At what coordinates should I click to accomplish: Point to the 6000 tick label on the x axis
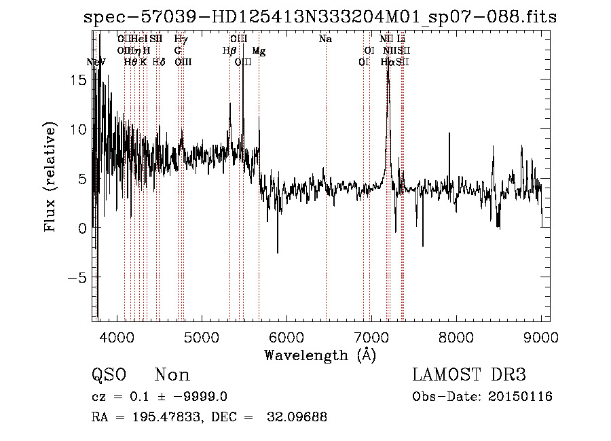pyautogui.click(x=287, y=336)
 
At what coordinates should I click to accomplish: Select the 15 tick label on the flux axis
pyautogui.click(x=79, y=80)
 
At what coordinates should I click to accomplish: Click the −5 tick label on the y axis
pyautogui.click(x=76, y=277)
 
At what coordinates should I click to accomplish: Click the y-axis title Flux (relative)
pyautogui.click(x=50, y=178)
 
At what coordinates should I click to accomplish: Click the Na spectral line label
pyautogui.click(x=325, y=39)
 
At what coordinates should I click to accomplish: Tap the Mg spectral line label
pyautogui.click(x=259, y=51)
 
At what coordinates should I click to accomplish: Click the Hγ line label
pyautogui.click(x=181, y=39)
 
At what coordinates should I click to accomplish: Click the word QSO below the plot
pyautogui.click(x=109, y=375)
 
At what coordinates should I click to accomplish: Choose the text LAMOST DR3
pyautogui.click(x=469, y=374)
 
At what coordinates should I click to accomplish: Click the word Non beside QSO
pyautogui.click(x=172, y=375)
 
